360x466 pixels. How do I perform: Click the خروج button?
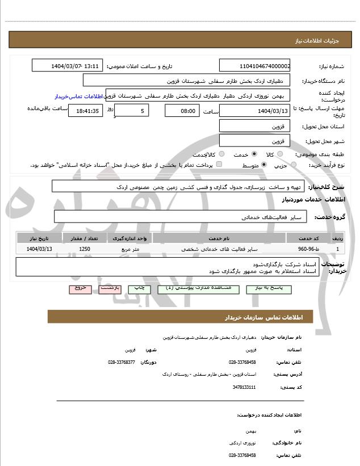pyautogui.click(x=80, y=288)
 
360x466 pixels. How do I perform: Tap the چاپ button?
pyautogui.click(x=139, y=288)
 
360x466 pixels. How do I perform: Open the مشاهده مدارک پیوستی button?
pyautogui.click(x=194, y=288)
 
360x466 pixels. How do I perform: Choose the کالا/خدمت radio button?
pyautogui.click(x=221, y=154)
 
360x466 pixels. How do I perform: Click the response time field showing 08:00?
pyautogui.click(x=182, y=111)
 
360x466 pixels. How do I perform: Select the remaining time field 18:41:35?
pyautogui.click(x=85, y=111)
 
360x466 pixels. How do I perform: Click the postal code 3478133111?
pyautogui.click(x=244, y=387)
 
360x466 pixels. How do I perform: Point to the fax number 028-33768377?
pyautogui.click(x=122, y=362)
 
